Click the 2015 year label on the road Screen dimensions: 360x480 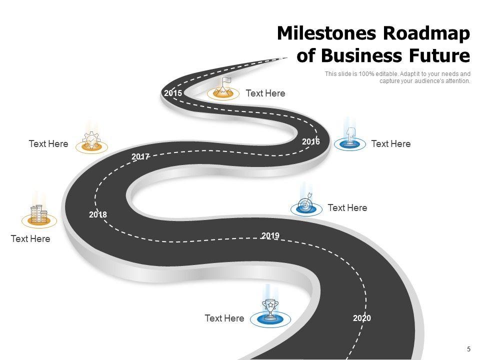click(x=173, y=93)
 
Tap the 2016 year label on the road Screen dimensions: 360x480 click(x=311, y=142)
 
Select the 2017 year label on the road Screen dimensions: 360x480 click(x=140, y=157)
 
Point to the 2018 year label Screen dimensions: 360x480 click(x=98, y=214)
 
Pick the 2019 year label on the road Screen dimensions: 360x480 click(x=270, y=235)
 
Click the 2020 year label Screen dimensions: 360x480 click(x=362, y=318)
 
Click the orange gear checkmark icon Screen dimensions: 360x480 click(x=92, y=140)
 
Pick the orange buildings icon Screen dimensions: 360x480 click(x=39, y=215)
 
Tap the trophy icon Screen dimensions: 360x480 click(x=270, y=309)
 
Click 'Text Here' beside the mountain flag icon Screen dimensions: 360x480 click(x=265, y=93)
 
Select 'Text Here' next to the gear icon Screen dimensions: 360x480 click(x=48, y=144)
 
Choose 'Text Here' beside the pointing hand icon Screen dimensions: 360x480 click(x=391, y=144)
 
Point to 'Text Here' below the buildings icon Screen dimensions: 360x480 click(x=30, y=239)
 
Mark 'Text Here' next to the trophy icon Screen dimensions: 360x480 click(x=224, y=318)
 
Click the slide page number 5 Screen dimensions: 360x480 click(x=468, y=349)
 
